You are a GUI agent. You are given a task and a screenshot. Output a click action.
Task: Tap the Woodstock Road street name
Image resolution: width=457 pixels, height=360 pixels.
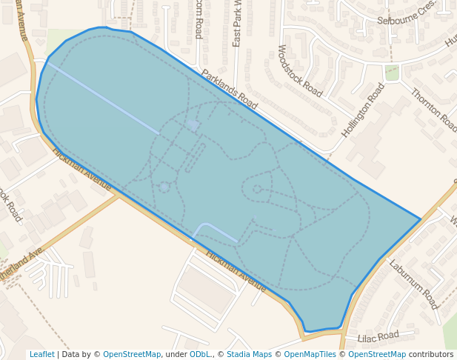pyautogui.click(x=299, y=71)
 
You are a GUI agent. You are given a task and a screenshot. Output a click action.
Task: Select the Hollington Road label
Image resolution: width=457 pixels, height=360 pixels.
pyautogui.click(x=363, y=110)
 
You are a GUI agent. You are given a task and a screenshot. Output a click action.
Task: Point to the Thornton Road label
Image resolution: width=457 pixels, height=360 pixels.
pyautogui.click(x=433, y=107)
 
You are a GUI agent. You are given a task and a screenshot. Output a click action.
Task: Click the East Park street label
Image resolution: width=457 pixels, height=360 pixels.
pyautogui.click(x=237, y=25)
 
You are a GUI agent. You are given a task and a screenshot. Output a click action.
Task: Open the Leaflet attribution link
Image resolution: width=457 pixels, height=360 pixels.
pyautogui.click(x=41, y=354)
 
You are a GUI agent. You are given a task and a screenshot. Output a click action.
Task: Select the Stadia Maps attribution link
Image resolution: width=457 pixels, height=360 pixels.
pyautogui.click(x=249, y=354)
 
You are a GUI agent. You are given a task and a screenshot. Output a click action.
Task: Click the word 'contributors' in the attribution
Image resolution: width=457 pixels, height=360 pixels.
pyautogui.click(x=431, y=354)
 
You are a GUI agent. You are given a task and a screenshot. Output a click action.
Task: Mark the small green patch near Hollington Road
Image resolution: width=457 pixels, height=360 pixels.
pyautogui.click(x=392, y=73)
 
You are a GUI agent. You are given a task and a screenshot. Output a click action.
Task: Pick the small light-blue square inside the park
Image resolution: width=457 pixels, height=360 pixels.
pyautogui.click(x=194, y=125)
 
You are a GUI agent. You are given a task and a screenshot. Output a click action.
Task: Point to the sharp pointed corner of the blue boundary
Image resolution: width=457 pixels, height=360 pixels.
pyautogui.click(x=420, y=219)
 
